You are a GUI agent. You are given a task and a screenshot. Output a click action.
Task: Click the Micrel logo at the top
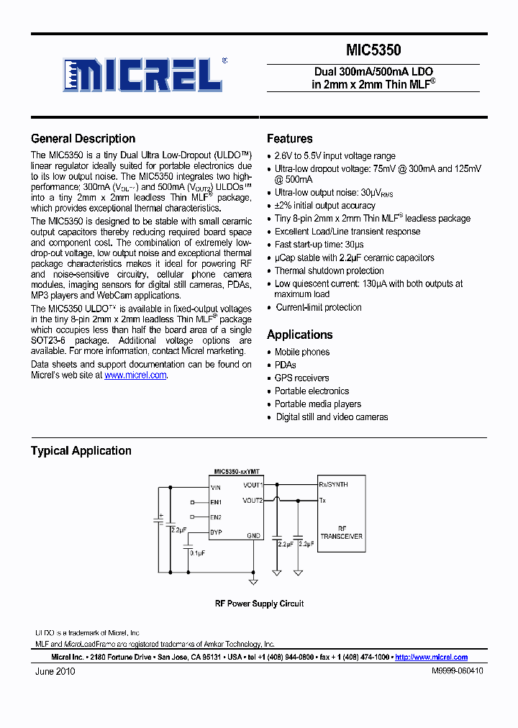click(145, 74)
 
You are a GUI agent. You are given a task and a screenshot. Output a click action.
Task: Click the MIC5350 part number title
click(373, 50)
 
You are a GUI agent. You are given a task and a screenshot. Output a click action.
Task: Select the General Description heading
click(83, 139)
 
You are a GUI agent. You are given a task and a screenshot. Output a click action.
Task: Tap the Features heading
click(289, 139)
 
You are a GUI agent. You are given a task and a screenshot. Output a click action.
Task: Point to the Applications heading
click(299, 335)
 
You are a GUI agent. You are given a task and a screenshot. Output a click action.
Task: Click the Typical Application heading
click(81, 451)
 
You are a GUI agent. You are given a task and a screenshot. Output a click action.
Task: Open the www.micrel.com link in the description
click(135, 375)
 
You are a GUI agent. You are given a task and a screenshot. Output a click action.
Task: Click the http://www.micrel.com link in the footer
click(431, 657)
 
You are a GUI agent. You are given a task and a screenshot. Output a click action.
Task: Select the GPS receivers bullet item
click(301, 378)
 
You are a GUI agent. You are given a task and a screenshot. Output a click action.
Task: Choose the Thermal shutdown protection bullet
click(319, 270)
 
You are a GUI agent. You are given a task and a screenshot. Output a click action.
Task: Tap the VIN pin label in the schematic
click(216, 487)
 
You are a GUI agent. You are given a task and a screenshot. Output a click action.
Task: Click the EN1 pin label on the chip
click(216, 502)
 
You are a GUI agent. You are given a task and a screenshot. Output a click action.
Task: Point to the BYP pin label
click(216, 532)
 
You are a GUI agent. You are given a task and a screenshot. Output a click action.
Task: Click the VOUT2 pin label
click(253, 500)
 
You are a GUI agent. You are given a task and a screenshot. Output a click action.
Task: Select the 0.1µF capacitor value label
click(197, 552)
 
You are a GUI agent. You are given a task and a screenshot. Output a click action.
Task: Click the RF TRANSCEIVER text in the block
click(341, 532)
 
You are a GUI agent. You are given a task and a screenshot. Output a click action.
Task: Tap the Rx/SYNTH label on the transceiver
click(333, 485)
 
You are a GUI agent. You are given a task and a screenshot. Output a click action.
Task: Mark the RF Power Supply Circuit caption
click(259, 604)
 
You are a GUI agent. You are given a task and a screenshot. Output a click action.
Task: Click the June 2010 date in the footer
click(55, 671)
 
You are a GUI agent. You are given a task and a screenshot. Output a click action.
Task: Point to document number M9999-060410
click(457, 670)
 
